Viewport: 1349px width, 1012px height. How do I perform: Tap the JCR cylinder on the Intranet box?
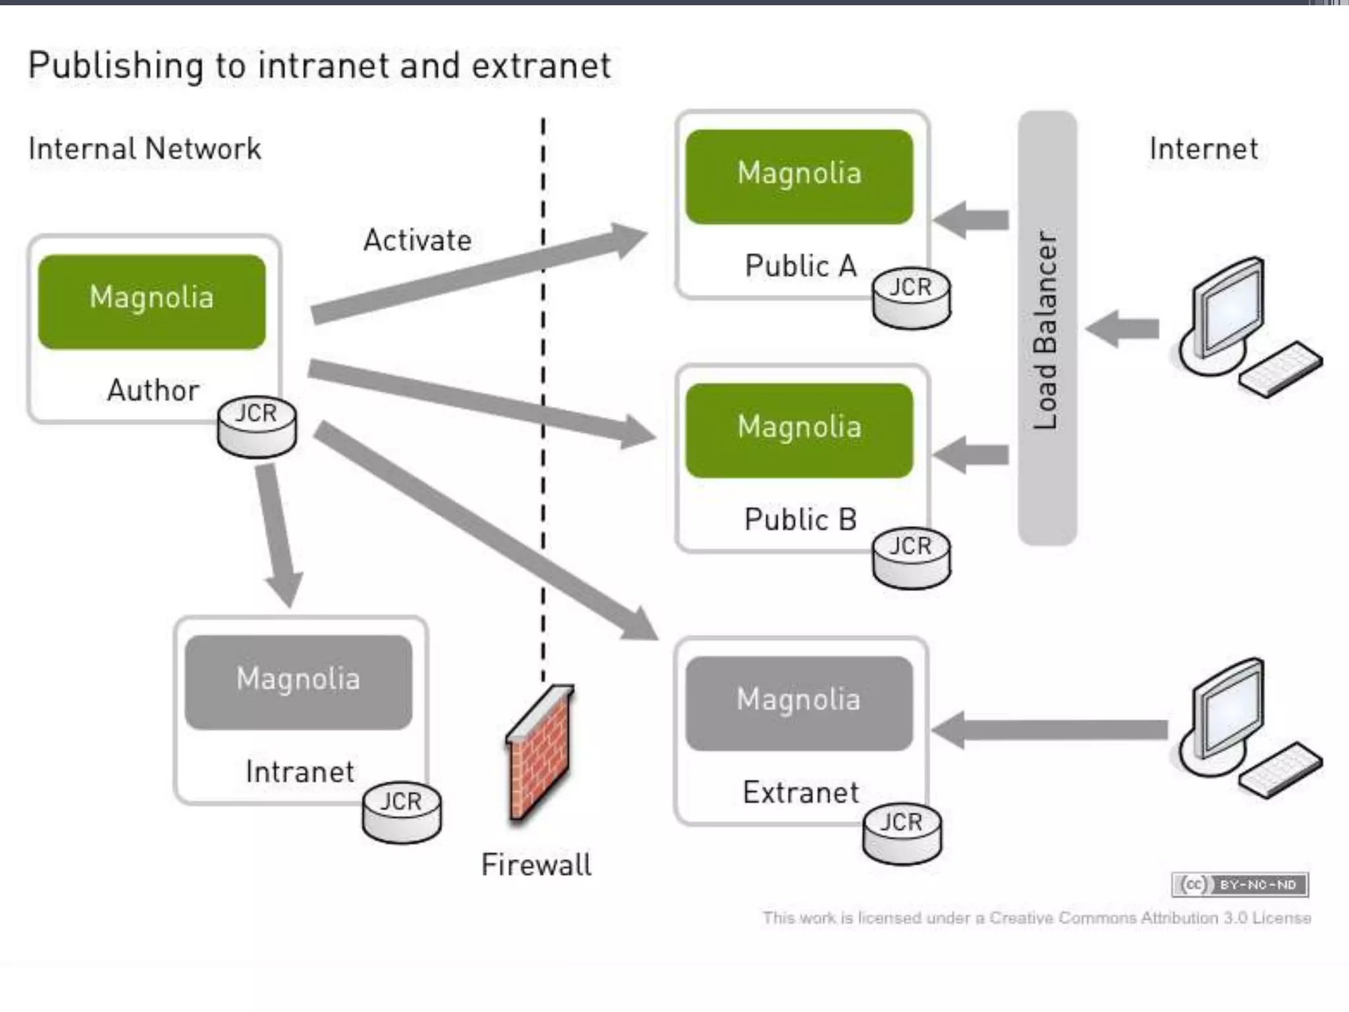tap(402, 813)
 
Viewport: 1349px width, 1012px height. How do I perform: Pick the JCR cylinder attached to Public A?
tap(912, 300)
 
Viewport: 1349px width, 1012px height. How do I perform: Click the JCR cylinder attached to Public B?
tap(912, 559)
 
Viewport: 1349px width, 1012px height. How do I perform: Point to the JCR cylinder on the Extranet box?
tap(902, 833)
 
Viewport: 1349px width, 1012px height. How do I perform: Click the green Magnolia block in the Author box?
tap(152, 301)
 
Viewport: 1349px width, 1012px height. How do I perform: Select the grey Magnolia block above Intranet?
tap(298, 682)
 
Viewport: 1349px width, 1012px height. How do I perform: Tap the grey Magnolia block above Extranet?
tap(799, 703)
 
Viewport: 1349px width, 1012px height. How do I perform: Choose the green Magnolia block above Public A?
tap(799, 177)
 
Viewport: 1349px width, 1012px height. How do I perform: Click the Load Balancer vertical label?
tap(1047, 329)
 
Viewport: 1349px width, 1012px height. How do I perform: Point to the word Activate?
tap(418, 240)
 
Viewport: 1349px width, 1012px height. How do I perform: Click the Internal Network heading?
tap(145, 149)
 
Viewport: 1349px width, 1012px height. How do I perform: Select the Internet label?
tap(1203, 149)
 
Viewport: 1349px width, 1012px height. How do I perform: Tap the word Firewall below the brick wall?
tap(536, 865)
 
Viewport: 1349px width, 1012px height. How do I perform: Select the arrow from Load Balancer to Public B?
tap(972, 455)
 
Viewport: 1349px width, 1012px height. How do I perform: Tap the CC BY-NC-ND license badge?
tap(1240, 884)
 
